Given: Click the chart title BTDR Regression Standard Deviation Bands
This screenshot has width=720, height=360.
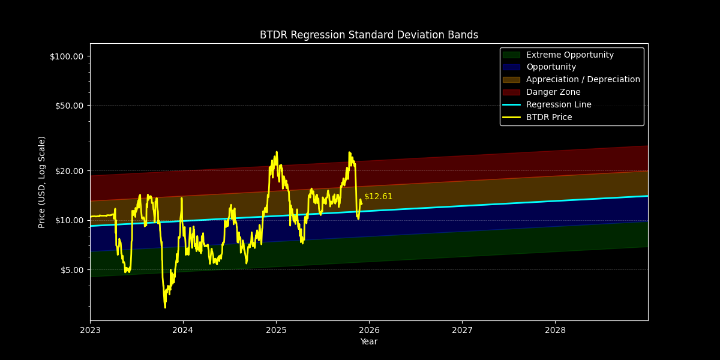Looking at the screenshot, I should [368, 35].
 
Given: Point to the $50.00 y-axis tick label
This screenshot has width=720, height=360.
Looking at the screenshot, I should [68, 106].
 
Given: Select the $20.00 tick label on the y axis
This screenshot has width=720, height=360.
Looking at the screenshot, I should [68, 171].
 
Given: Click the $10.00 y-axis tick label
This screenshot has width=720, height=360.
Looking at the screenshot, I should [68, 220].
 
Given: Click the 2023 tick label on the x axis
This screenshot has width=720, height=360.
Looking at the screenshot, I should [90, 330].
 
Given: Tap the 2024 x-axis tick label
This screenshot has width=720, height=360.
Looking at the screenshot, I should [183, 330].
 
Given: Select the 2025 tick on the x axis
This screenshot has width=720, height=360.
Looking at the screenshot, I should [276, 330].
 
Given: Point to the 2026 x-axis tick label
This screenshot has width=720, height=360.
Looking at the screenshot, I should [369, 330].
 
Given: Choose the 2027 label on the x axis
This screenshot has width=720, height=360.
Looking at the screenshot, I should [462, 330].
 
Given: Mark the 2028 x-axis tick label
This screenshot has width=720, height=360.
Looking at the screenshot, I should [555, 330].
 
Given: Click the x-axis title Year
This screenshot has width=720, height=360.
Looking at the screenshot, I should [368, 342].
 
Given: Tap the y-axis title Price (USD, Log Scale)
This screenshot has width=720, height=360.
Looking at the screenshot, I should [42, 182].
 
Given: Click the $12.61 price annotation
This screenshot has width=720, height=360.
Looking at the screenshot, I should [378, 197].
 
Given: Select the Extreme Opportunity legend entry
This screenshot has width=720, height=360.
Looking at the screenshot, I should [569, 55].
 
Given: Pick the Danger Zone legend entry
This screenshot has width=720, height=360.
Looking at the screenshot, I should [553, 92].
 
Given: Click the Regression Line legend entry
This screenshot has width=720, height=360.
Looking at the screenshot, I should [558, 105].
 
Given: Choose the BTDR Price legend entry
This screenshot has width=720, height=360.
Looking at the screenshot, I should [548, 118].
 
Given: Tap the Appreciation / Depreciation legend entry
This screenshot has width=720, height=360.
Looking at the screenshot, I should [583, 80].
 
